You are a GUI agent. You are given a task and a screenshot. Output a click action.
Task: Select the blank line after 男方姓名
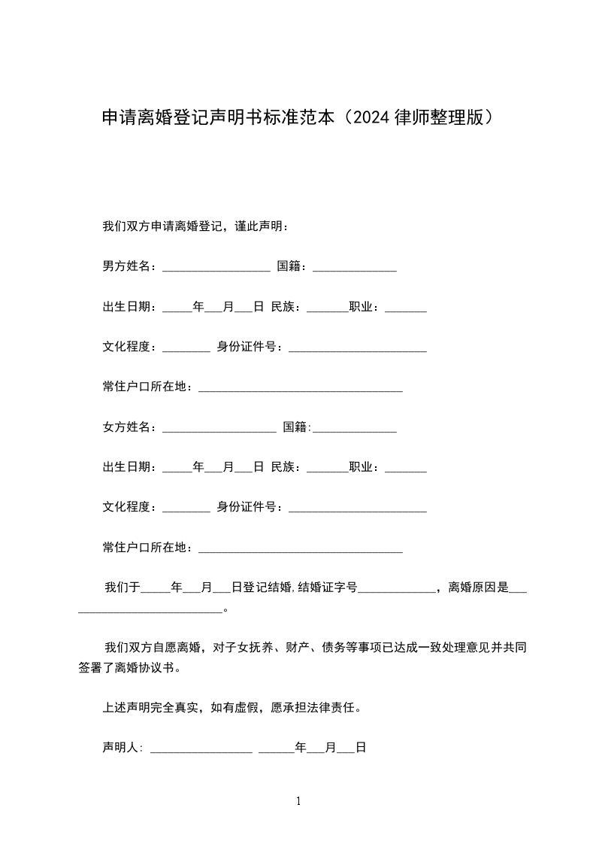216,268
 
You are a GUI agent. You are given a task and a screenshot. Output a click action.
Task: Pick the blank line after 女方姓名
219,430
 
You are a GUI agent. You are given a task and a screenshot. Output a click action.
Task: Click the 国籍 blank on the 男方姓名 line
354,268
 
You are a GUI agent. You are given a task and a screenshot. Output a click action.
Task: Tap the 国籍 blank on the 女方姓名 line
354,430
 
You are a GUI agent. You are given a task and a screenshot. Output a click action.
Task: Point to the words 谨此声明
260,226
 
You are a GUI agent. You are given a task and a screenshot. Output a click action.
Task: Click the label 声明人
121,748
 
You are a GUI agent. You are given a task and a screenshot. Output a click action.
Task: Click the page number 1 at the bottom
298,801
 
